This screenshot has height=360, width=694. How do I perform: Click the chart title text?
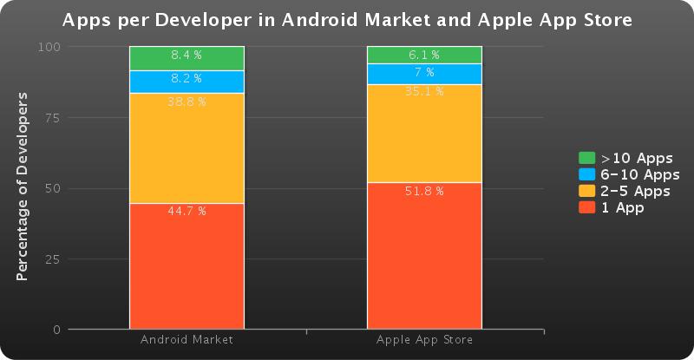coord(347,18)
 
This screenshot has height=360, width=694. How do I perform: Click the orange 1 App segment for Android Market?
coord(187,269)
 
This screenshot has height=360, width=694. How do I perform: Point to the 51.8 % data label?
coord(424,191)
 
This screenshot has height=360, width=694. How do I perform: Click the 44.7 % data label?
coord(187,212)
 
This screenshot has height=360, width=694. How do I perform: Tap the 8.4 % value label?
coord(187,56)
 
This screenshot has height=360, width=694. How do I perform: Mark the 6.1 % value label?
coord(424,56)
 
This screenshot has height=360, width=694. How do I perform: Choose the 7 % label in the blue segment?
coord(424,72)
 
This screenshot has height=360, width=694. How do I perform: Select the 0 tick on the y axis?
coord(56,330)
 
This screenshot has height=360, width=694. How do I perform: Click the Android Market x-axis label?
coord(187,340)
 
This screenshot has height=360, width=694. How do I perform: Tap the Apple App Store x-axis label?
coord(424,340)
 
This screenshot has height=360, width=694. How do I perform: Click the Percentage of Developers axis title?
coord(23,189)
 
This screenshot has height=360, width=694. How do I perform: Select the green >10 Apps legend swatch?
coord(586,158)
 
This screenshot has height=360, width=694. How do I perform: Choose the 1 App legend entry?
coord(622,207)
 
